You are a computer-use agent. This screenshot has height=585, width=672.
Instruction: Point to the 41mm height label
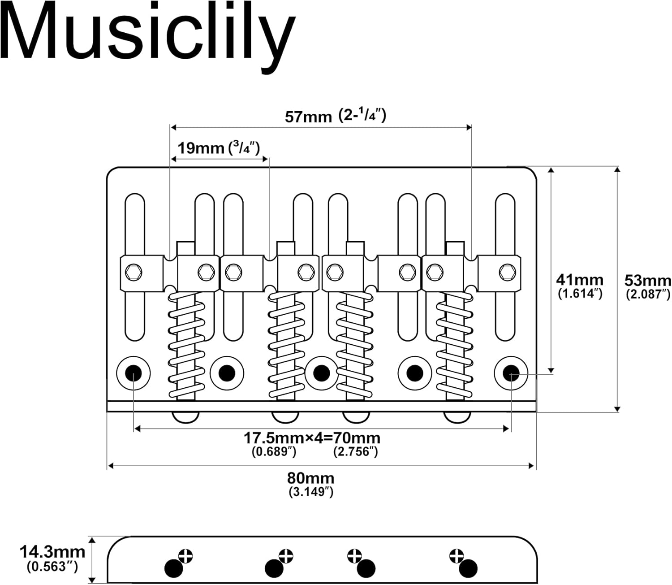580,280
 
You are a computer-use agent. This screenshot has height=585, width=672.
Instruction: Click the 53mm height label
647,281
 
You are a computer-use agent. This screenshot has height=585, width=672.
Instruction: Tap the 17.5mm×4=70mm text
312,438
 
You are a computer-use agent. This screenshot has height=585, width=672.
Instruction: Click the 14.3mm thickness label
52,551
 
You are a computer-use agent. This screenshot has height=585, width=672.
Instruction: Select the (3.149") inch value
311,492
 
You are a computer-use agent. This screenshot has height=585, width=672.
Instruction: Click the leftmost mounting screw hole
133,373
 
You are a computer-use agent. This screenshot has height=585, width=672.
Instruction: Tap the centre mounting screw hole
321,373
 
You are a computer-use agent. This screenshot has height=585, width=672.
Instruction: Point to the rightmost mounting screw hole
511,373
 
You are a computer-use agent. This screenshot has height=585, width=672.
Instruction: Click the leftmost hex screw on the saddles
134,272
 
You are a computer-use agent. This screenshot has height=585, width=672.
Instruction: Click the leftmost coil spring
186,345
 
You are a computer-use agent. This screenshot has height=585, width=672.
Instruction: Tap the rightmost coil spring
454,345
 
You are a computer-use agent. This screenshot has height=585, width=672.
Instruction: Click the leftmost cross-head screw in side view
185,556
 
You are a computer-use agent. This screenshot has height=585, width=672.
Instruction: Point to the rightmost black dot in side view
469,568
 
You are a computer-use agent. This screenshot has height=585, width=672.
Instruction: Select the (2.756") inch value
355,451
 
